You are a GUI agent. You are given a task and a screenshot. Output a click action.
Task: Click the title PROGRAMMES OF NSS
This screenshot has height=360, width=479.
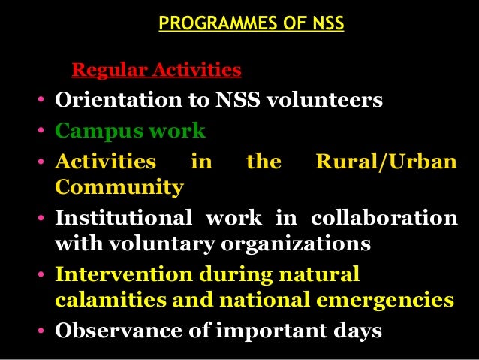coord(252,24)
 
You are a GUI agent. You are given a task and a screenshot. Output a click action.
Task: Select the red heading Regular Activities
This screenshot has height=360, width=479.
coord(156,71)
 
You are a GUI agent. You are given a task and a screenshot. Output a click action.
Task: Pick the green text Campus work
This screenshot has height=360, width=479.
coord(130,131)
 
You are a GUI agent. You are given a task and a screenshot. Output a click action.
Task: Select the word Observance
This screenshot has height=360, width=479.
coord(109,331)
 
